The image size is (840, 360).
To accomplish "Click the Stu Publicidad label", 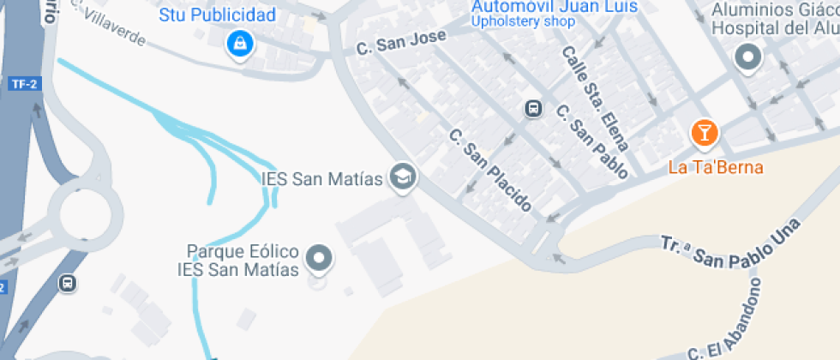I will click(x=218, y=15).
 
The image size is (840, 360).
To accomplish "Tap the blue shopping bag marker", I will click(x=239, y=43).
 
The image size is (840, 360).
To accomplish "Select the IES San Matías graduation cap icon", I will click(x=402, y=178).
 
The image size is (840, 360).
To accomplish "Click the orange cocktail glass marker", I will click(x=705, y=133).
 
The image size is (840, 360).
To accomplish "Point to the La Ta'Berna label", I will click(x=716, y=167).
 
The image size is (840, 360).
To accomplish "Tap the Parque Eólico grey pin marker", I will click(x=321, y=257).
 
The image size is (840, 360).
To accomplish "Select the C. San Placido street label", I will click(x=491, y=170).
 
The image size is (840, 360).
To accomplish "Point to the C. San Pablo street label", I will click(x=592, y=141).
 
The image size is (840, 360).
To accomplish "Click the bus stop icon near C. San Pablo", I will click(x=533, y=109).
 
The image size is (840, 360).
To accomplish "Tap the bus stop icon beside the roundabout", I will click(x=67, y=282).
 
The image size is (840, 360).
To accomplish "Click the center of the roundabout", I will click(x=80, y=209).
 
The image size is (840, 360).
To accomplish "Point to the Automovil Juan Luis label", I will click(x=555, y=7).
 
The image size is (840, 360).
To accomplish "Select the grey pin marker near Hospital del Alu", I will click(x=749, y=57).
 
